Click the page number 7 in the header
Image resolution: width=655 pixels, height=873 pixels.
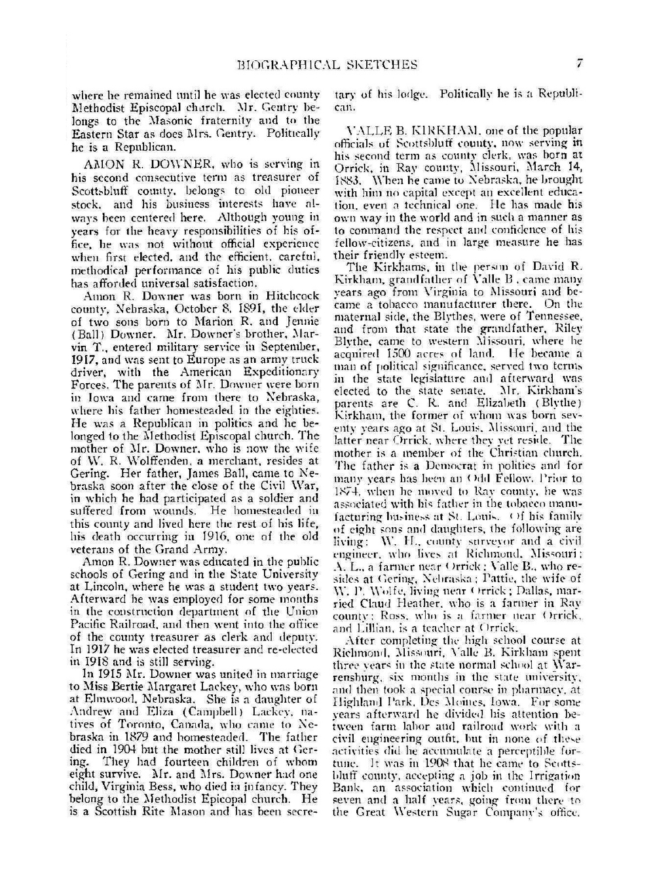point(580,64)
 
